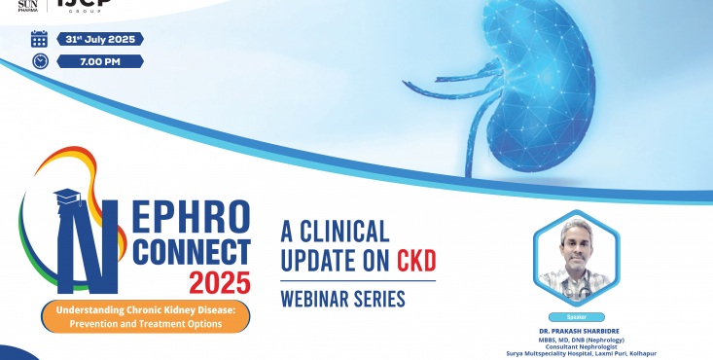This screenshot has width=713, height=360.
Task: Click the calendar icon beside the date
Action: [39, 39]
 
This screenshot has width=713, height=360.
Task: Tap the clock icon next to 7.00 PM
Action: [39, 60]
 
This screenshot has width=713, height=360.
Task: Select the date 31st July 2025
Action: [100, 39]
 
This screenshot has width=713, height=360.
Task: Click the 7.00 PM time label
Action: [100, 60]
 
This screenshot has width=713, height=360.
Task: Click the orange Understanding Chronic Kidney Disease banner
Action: [145, 317]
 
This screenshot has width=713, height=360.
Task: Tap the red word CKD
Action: [415, 260]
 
